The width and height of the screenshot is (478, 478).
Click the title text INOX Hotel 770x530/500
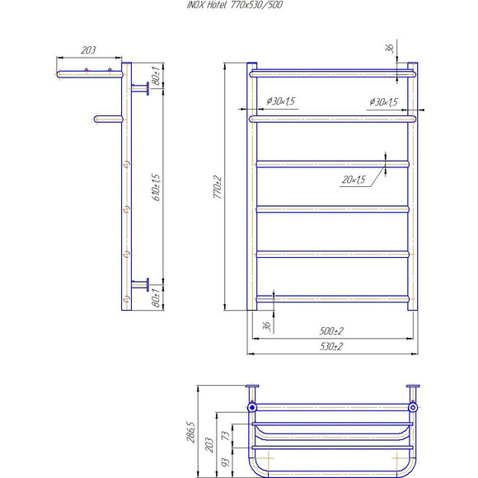235,5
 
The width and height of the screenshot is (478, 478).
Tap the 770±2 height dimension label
218,187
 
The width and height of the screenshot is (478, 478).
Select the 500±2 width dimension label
331,330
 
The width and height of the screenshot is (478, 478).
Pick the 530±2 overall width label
331,346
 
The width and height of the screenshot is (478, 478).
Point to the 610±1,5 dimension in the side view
156,187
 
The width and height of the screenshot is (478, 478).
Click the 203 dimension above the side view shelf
88,49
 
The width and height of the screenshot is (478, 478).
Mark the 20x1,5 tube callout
354,180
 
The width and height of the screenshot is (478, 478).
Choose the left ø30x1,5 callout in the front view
281,101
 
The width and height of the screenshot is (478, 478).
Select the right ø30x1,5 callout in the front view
384,102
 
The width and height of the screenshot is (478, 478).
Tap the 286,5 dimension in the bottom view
190,432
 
